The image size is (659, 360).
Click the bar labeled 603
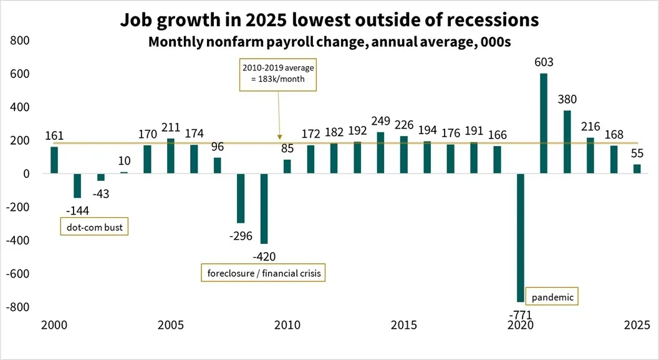click(x=544, y=124)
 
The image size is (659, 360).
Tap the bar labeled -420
click(x=264, y=208)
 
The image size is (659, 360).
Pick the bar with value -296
click(x=241, y=198)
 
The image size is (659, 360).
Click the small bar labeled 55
click(x=637, y=169)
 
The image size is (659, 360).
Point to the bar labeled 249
click(x=380, y=153)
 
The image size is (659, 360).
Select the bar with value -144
click(x=77, y=186)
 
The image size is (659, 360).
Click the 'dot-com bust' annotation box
click(x=94, y=228)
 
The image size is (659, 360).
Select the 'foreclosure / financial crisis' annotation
click(x=263, y=273)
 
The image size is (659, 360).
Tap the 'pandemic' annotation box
click(x=552, y=297)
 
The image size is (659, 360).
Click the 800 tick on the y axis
click(x=21, y=41)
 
